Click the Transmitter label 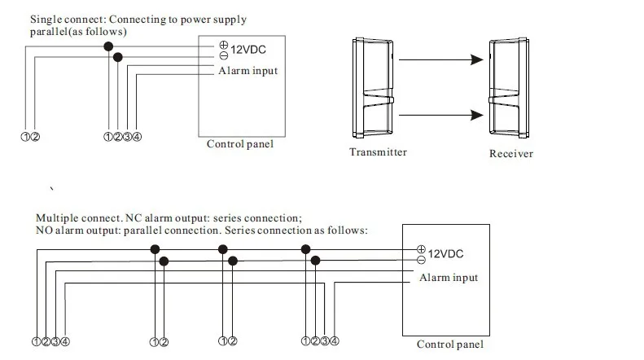(378, 152)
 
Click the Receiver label (511, 154)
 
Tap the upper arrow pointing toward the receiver (441, 59)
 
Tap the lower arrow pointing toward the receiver (441, 115)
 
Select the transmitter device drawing (373, 88)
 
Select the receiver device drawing (509, 88)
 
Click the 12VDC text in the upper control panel (248, 50)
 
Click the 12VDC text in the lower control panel (445, 254)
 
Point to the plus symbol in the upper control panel (223, 45)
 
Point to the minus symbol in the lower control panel (421, 260)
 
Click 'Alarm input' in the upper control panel (248, 71)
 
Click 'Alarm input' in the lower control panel (449, 278)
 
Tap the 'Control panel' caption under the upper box (240, 144)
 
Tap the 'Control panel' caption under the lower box (450, 345)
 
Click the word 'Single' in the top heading (46, 20)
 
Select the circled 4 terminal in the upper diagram (137, 137)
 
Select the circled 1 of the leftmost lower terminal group (36, 341)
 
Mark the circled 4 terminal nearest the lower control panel (335, 341)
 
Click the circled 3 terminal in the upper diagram (127, 137)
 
